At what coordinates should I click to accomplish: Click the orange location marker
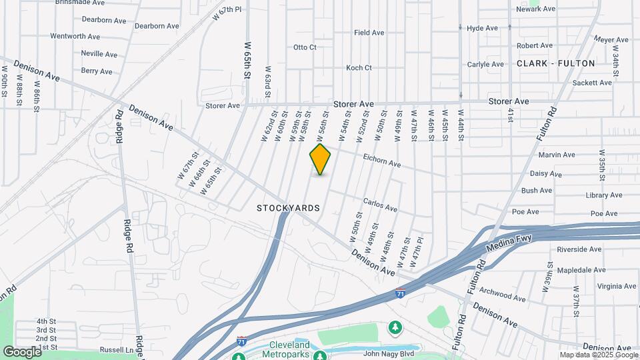[x=320, y=159]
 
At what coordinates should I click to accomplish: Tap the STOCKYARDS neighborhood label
[x=288, y=208]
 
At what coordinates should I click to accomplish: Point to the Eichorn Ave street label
[x=381, y=160]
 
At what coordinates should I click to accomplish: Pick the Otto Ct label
[x=305, y=47]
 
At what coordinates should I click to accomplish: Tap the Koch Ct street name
[x=359, y=68]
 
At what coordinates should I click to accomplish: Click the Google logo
[x=22, y=352]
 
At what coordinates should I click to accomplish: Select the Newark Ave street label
[x=536, y=9]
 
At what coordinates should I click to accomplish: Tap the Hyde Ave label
[x=483, y=28]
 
